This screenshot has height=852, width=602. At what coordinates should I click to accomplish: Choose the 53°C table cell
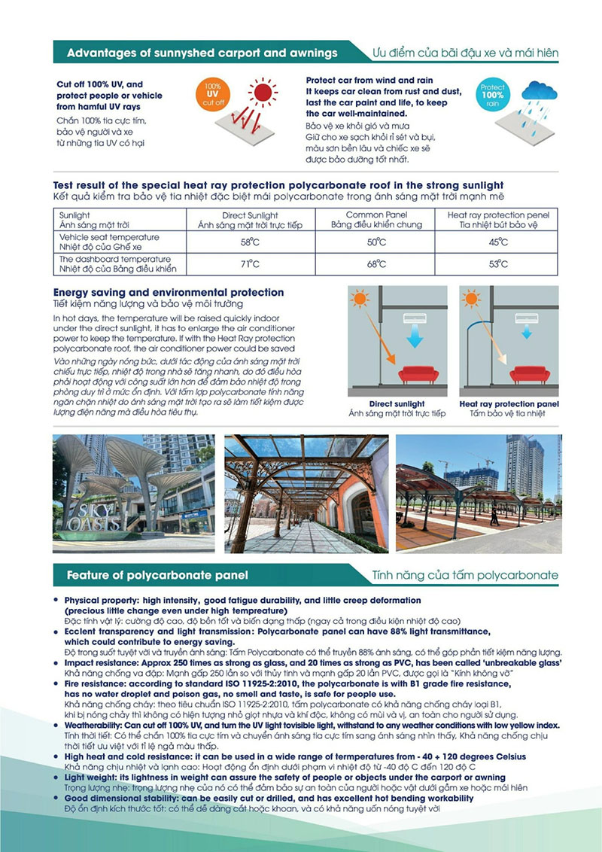(498, 264)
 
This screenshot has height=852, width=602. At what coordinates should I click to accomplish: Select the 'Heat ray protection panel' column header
(498, 215)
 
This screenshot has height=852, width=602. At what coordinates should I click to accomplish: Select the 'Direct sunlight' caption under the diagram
(397, 404)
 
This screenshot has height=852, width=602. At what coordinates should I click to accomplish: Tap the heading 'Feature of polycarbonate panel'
(157, 576)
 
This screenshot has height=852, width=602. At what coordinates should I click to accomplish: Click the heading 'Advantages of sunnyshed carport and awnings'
(202, 53)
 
